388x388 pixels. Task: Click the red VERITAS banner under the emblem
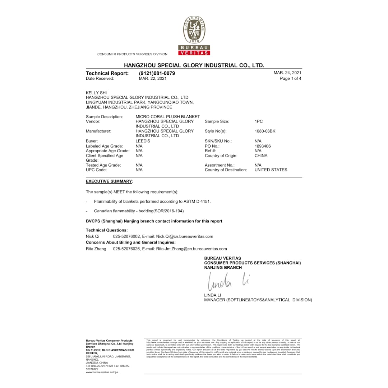pos(194,53)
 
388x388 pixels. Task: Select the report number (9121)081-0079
pos(157,73)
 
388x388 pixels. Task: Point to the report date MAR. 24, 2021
pos(287,73)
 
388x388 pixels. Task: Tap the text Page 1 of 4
pos(291,78)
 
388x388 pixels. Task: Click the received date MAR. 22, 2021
pos(153,78)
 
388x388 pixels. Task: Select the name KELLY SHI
pos(96,93)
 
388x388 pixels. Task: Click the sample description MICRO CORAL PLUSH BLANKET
pos(167,117)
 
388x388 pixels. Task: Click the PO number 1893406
pos(263,146)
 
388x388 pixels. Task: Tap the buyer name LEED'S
pos(143,141)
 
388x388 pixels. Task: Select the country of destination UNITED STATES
pos(271,170)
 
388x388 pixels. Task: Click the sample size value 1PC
pos(259,121)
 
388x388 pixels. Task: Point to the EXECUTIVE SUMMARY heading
pos(109,181)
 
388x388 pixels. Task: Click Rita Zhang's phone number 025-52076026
pos(126,249)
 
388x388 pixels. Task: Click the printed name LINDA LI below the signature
pos(213,295)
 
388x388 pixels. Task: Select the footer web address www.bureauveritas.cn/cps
pos(102,372)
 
